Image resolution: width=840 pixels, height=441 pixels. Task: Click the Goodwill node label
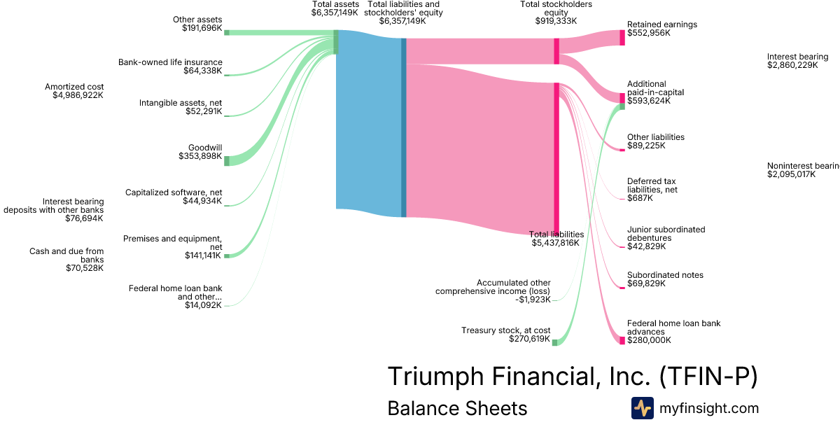(x=205, y=148)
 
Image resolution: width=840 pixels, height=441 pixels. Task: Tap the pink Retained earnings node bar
(x=622, y=37)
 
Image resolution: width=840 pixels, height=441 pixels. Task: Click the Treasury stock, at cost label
(x=505, y=330)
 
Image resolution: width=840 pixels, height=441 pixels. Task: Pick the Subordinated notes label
(x=665, y=275)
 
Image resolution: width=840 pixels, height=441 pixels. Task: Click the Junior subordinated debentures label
(x=666, y=234)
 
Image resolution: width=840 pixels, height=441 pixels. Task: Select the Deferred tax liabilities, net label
(x=652, y=185)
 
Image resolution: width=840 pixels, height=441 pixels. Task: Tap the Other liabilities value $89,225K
(x=646, y=146)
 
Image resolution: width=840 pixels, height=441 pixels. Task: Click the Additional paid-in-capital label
(x=655, y=87)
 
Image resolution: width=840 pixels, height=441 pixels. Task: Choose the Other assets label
(x=197, y=19)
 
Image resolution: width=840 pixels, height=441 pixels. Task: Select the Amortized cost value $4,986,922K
(x=78, y=95)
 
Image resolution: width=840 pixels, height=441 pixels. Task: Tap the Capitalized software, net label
(x=174, y=192)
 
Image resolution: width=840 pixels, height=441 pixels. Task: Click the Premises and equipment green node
(x=227, y=255)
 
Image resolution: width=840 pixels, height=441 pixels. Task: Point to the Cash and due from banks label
(x=66, y=255)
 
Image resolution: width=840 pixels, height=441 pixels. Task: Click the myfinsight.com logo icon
(x=642, y=408)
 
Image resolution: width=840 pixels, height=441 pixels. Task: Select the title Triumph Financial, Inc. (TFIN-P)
(x=572, y=376)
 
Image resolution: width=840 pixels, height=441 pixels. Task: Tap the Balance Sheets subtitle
(x=457, y=408)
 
